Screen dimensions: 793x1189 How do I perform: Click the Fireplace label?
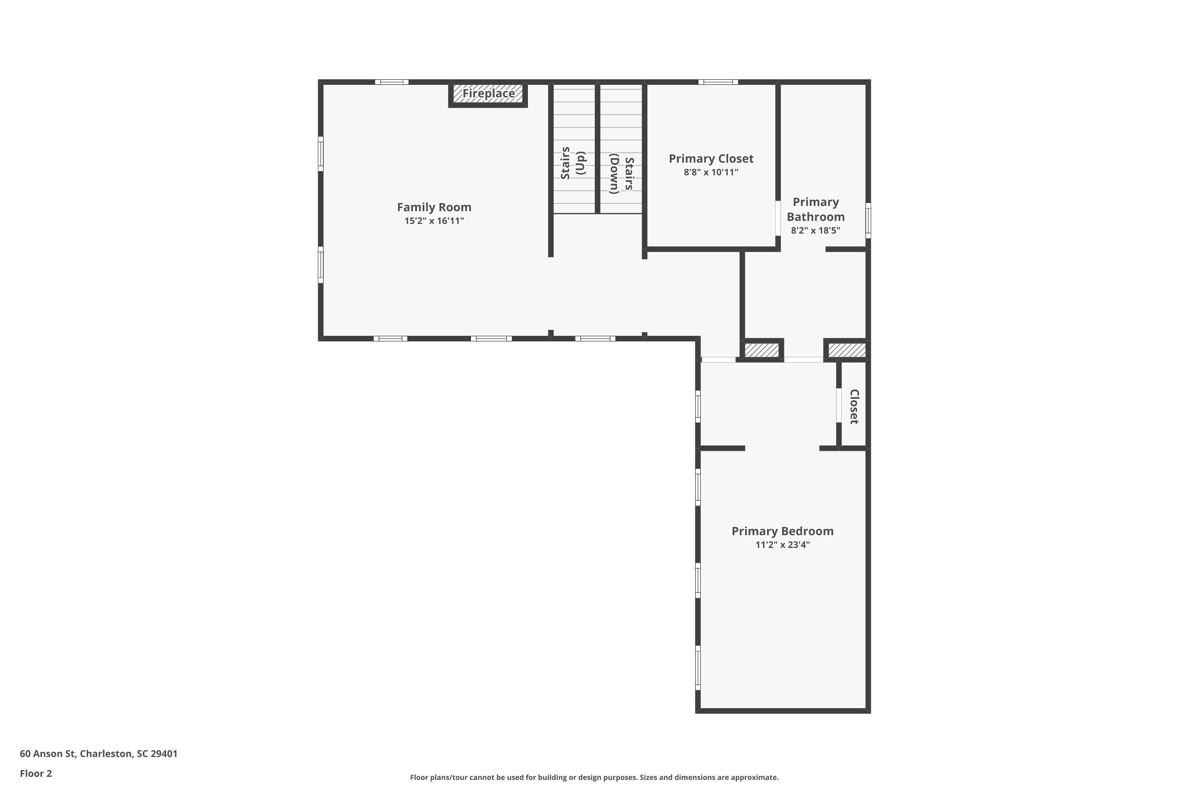pyautogui.click(x=488, y=94)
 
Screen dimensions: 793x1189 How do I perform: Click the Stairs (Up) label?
pyautogui.click(x=572, y=163)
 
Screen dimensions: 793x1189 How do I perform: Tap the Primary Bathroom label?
pyautogui.click(x=815, y=209)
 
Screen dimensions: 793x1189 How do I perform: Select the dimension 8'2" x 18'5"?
pyautogui.click(x=815, y=231)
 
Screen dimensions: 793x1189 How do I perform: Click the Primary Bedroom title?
pyautogui.click(x=782, y=531)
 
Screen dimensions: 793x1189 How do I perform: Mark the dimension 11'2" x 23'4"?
pyautogui.click(x=782, y=545)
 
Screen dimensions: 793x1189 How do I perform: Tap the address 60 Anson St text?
pyautogui.click(x=99, y=754)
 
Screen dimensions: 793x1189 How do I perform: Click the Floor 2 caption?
pyautogui.click(x=36, y=773)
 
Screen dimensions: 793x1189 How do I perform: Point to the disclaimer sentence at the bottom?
pyautogui.click(x=594, y=777)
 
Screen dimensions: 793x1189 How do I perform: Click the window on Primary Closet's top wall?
pyautogui.click(x=718, y=82)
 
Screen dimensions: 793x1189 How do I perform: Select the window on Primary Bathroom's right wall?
pyautogui.click(x=868, y=220)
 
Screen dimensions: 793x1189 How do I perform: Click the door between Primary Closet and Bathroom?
pyautogui.click(x=778, y=218)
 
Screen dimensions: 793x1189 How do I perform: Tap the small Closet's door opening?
pyautogui.click(x=839, y=405)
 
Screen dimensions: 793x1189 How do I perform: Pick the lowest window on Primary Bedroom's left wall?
pyautogui.click(x=698, y=668)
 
